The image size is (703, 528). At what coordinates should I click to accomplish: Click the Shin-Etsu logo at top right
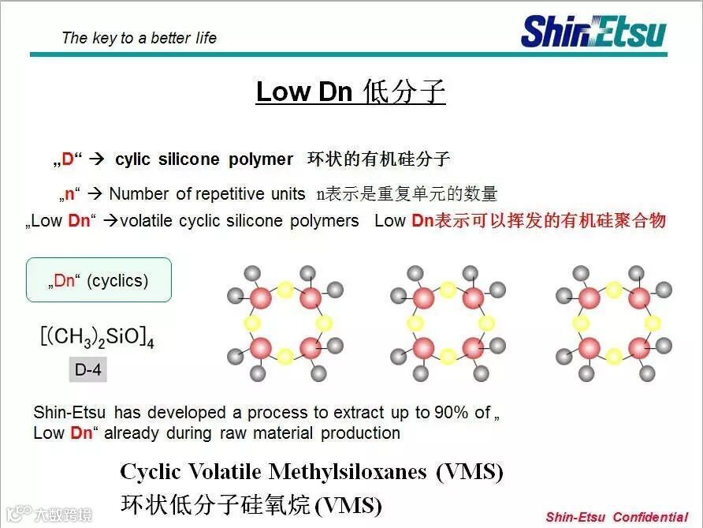coord(593,32)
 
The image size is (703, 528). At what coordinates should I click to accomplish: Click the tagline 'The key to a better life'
coord(139,38)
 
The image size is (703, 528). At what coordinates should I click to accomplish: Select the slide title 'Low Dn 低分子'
coord(351,92)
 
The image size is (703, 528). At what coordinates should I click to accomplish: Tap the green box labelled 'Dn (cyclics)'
coord(99,280)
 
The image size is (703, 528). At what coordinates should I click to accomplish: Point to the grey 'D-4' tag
coord(88,369)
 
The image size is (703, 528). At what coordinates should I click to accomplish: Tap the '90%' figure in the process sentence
coord(452,412)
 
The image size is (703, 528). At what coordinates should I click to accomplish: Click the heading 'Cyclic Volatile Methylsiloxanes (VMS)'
coord(311,472)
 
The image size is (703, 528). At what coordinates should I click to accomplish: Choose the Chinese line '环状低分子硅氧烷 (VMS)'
coord(251,504)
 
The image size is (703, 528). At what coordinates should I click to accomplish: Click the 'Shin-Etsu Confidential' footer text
coord(616,518)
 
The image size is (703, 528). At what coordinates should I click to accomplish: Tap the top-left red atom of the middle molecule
coord(423,298)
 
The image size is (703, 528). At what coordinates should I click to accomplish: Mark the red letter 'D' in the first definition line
coord(68,159)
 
